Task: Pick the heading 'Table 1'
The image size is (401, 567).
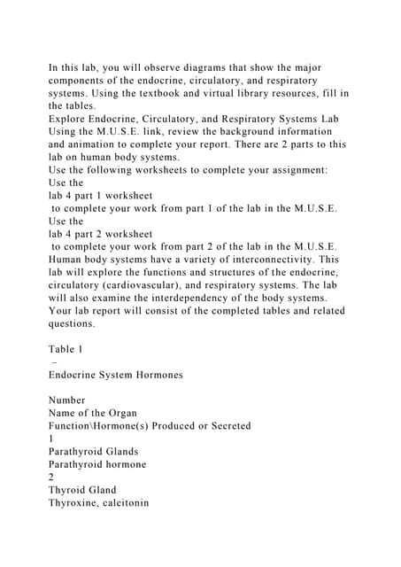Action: pos(66,349)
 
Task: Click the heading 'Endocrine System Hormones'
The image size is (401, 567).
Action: pos(116,375)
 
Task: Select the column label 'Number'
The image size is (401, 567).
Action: pos(67,400)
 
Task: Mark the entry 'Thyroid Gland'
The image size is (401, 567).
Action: pos(82,490)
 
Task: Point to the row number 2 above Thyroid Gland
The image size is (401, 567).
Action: pos(51,478)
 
